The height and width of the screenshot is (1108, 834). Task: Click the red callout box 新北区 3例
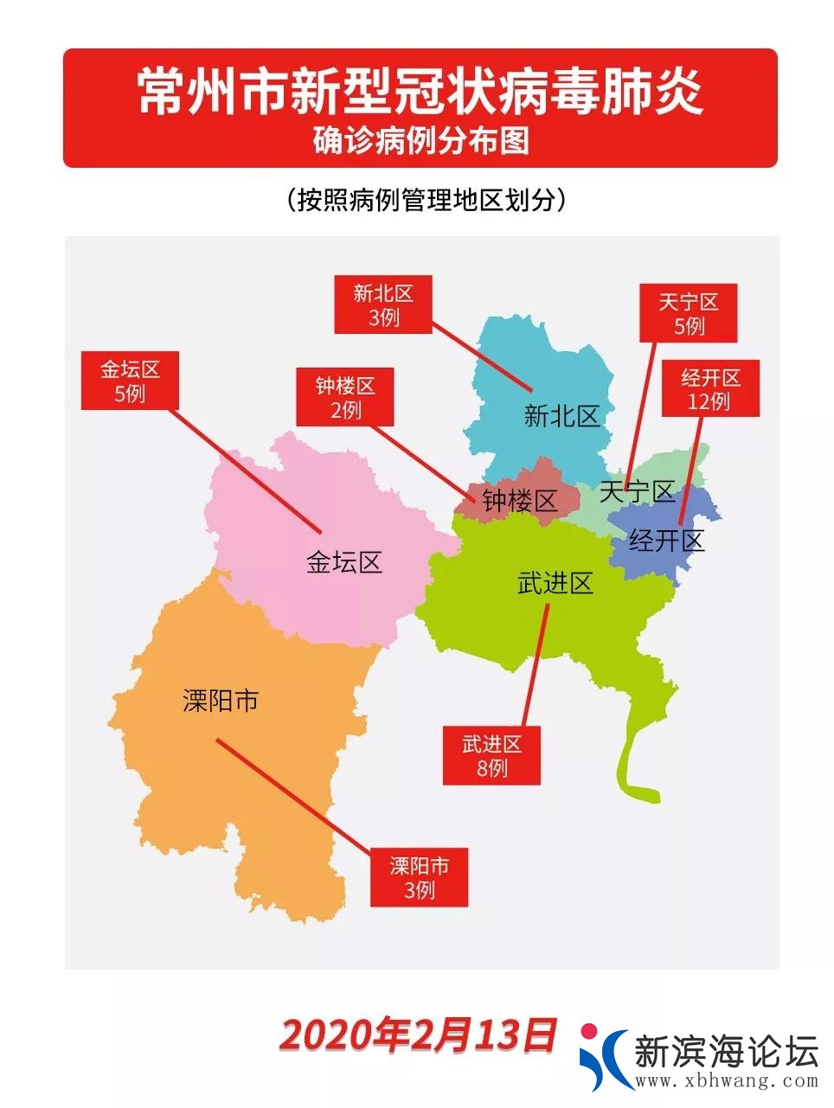point(382,305)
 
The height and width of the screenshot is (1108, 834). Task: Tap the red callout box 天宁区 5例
point(688,313)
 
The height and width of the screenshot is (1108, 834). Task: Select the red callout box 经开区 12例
point(709,389)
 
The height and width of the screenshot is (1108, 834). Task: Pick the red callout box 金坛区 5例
point(130,381)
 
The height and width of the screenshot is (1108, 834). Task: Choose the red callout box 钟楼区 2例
point(344,397)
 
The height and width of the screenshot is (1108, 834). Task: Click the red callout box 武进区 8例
point(491,755)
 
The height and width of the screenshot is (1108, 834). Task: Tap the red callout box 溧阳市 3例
point(419,877)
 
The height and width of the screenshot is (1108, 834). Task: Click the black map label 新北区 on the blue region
point(561,417)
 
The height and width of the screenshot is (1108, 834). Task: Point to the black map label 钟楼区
point(519,500)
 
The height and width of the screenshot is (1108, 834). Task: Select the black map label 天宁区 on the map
point(637,492)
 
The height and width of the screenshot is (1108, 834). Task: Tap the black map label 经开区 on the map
point(666,541)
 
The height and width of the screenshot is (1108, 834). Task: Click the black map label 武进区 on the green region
point(555,584)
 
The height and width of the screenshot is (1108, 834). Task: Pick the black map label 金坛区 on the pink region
point(343,563)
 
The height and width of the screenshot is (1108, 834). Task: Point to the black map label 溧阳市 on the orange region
point(221,701)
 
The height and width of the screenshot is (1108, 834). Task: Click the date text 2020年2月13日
point(418,1035)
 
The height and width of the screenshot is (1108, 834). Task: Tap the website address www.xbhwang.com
point(726,1080)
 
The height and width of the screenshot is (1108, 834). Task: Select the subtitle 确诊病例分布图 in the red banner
point(420,141)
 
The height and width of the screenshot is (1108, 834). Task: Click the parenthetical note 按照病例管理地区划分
point(426,200)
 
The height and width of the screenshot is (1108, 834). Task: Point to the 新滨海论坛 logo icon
point(603,1056)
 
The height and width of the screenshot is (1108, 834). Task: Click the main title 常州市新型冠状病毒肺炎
point(420,92)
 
